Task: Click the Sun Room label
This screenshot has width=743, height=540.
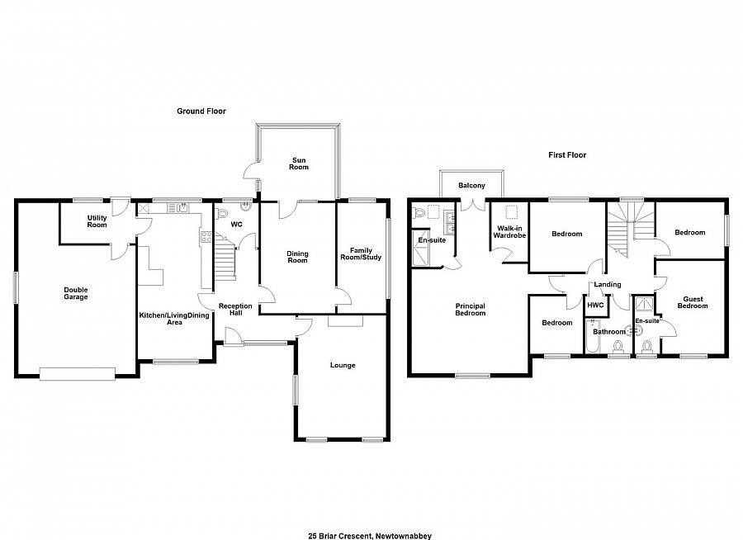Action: (x=298, y=163)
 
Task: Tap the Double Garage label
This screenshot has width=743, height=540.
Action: (x=76, y=293)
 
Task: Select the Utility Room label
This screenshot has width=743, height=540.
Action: (x=97, y=220)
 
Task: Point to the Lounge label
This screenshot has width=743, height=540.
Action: (x=343, y=365)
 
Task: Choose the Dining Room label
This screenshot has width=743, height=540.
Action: (x=297, y=257)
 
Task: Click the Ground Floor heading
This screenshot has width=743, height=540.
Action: (x=201, y=111)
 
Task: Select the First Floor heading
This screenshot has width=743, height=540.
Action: (x=567, y=154)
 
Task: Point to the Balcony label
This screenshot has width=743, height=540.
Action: (x=472, y=186)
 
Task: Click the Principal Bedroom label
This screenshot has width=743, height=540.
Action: (x=470, y=310)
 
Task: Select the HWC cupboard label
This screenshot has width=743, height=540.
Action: (x=595, y=305)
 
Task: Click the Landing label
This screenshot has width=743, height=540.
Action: (x=608, y=285)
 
